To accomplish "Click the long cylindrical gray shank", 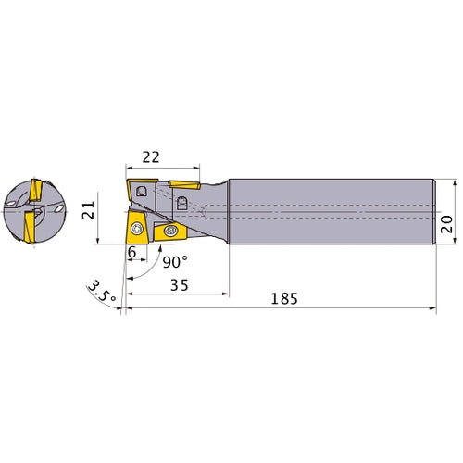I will (333, 210).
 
